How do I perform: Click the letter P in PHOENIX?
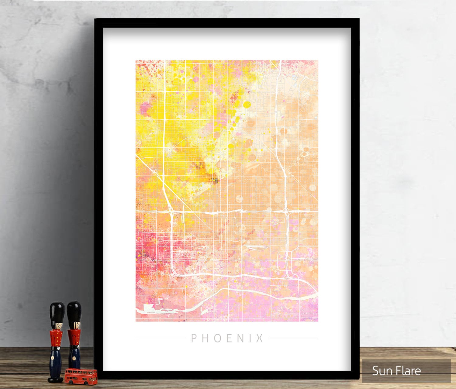pyautogui.click(x=194, y=338)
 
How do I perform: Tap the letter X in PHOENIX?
pyautogui.click(x=260, y=338)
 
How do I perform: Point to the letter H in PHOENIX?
pyautogui.click(x=205, y=338)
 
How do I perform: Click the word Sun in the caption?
pyautogui.click(x=381, y=371)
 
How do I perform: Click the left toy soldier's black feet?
pyautogui.click(x=56, y=379)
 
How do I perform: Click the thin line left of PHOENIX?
pyautogui.click(x=160, y=338)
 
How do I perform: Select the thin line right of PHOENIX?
pyautogui.click(x=293, y=338)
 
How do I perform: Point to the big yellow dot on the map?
pyautogui.click(x=247, y=105)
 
